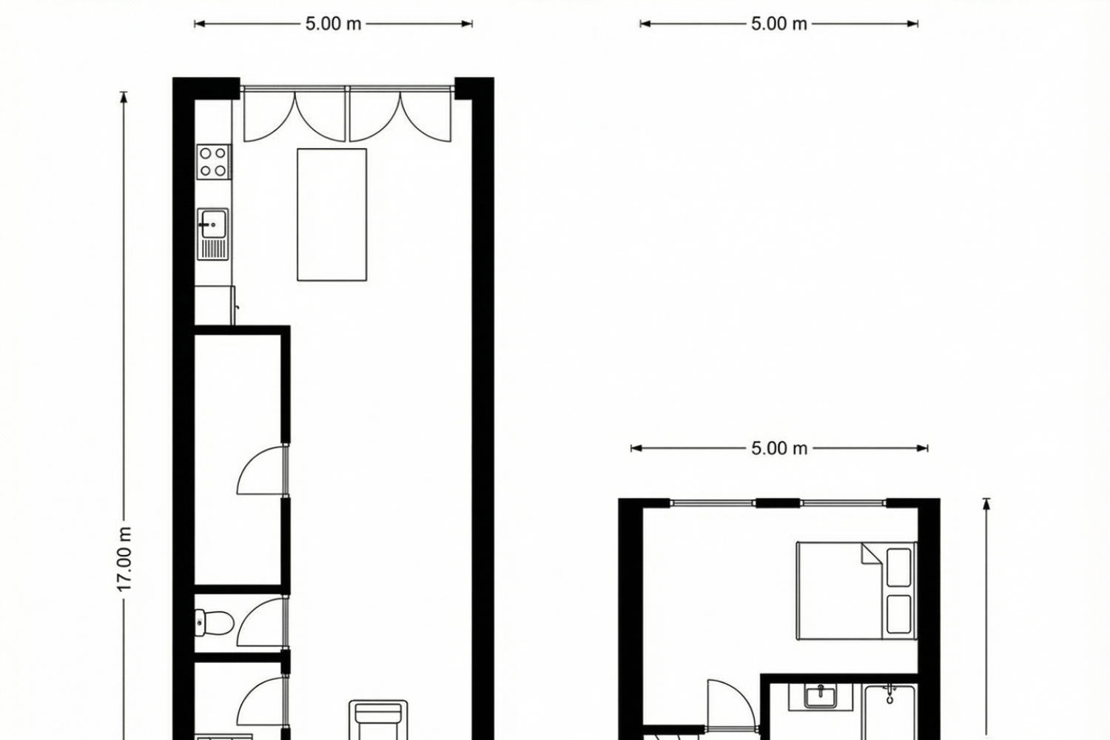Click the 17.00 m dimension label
(x=124, y=559)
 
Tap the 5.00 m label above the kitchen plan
(x=333, y=24)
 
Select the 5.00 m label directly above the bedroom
(x=778, y=448)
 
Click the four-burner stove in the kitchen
(x=213, y=162)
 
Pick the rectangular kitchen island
(x=332, y=215)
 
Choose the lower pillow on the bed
(x=898, y=614)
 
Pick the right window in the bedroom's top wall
(x=844, y=503)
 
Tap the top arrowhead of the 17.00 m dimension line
(x=124, y=95)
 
